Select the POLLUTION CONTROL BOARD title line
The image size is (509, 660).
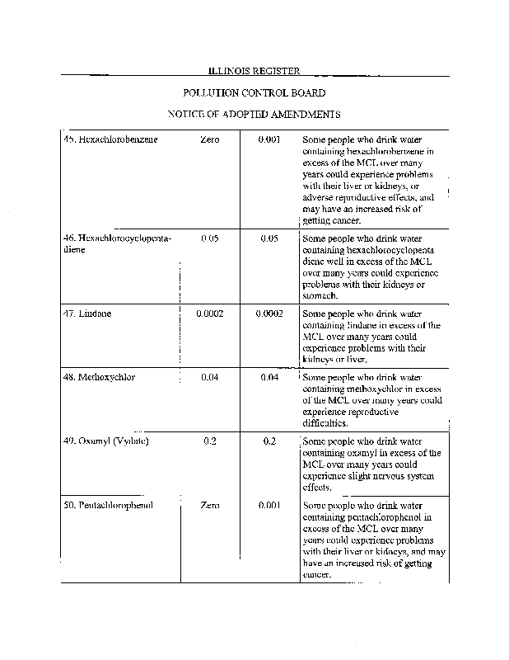(254, 94)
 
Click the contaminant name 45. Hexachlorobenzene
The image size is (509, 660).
(110, 140)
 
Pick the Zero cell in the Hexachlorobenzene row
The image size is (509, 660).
(209, 140)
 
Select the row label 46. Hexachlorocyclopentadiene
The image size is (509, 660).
(117, 243)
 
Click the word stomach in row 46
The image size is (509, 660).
(320, 296)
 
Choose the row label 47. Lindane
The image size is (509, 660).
(87, 314)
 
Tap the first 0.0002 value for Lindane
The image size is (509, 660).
(209, 314)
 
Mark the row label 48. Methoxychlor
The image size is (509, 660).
(100, 377)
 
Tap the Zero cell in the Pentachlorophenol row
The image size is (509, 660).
(209, 505)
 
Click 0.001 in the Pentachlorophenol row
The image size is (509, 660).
(269, 505)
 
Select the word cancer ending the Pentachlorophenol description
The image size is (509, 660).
(319, 575)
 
